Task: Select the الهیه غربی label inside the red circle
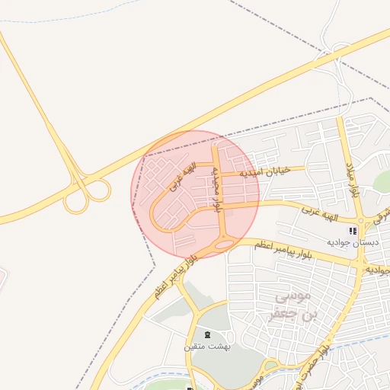point(182,176)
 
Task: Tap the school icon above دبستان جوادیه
point(352,231)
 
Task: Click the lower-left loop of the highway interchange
point(75,203)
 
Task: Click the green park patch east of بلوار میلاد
point(382,183)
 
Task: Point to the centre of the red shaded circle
point(195,193)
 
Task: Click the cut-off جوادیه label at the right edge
point(378,270)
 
